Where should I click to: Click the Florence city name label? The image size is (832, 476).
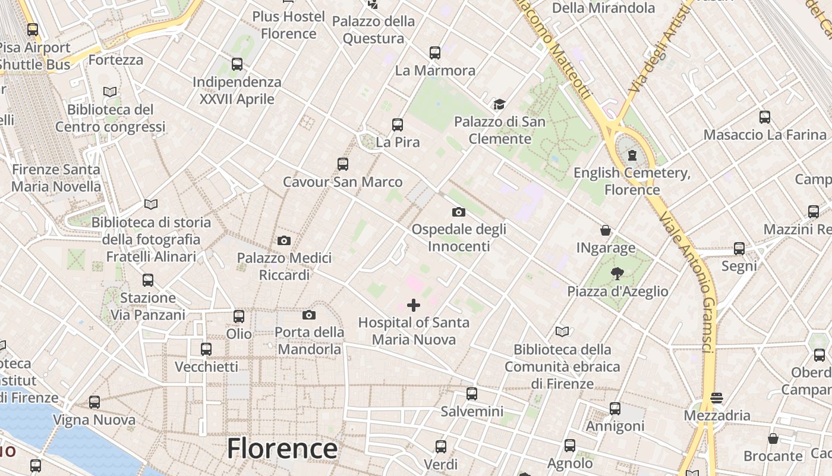point(282,448)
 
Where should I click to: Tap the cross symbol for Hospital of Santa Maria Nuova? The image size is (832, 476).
point(414,306)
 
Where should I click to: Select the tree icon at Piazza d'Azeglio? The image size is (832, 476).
point(617,274)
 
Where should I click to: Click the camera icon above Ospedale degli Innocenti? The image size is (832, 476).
point(458,212)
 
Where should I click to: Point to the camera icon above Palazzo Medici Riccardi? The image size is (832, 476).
point(284,241)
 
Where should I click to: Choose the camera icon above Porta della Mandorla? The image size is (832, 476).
point(309,315)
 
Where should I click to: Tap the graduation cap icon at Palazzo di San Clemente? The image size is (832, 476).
point(499,105)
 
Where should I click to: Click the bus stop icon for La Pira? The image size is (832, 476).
point(398,125)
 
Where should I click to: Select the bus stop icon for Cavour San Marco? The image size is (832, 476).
point(342,164)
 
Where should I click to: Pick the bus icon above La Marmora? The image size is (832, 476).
point(435,53)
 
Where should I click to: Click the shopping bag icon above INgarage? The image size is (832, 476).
point(606,230)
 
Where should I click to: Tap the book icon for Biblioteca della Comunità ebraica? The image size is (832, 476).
point(562,331)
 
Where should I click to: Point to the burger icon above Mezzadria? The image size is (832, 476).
point(717,397)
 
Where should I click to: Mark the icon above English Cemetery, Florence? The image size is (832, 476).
point(632,155)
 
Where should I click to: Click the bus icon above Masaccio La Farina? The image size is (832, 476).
point(765,117)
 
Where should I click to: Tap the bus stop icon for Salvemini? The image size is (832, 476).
point(472,393)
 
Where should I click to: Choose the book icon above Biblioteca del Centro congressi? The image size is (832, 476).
point(110,92)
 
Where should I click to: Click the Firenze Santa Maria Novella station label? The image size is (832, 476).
point(56,178)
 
